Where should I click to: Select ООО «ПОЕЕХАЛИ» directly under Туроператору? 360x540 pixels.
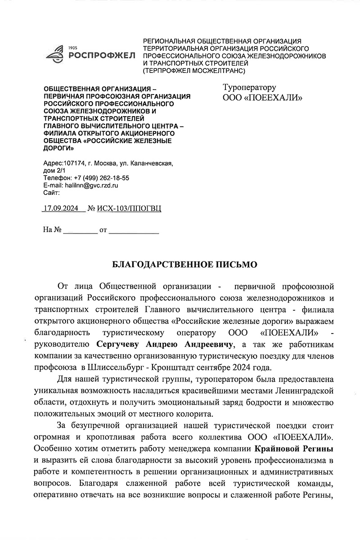tap(262, 98)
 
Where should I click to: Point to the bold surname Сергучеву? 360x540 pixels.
tap(118, 345)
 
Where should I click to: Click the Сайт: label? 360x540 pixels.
tap(51, 192)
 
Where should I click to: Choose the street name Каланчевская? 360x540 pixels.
tap(151, 163)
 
